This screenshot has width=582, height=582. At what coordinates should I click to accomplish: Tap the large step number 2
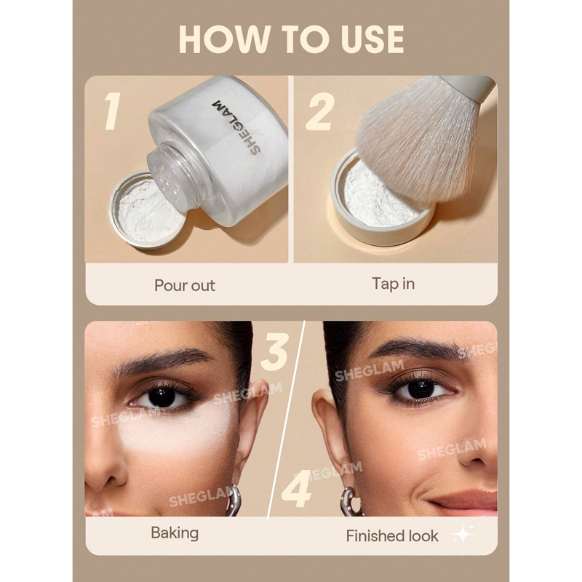click(x=319, y=111)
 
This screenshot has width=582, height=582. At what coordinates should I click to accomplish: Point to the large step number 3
click(x=275, y=351)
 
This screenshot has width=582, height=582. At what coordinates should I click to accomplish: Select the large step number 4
click(x=297, y=488)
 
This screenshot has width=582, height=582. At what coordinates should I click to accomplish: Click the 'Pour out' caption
click(x=185, y=285)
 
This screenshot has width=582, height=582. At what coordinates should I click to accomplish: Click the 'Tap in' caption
click(x=393, y=284)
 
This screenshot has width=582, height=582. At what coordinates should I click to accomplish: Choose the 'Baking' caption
click(x=175, y=533)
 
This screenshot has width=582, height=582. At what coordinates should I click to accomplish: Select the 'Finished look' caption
click(x=392, y=535)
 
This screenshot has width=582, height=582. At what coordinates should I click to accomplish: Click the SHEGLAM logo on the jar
click(x=236, y=127)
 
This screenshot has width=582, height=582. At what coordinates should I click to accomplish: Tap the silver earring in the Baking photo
click(x=233, y=501)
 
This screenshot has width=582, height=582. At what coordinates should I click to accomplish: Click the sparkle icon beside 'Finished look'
click(x=463, y=535)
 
